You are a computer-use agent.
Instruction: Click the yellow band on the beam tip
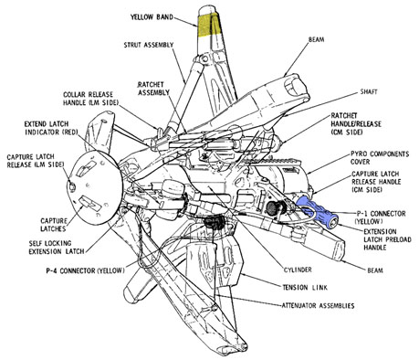point(209,25)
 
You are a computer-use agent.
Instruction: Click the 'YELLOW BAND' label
point(152,17)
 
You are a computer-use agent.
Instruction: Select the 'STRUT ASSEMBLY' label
point(149,45)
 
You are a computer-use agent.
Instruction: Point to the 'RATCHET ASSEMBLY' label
point(153,89)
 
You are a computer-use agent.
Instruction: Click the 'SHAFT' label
point(369,91)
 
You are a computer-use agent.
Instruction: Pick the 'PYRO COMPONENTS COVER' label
point(380,158)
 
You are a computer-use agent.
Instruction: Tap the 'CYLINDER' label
point(298,270)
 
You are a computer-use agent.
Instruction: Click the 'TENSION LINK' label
point(305,287)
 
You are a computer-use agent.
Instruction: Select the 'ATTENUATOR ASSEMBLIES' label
point(318,305)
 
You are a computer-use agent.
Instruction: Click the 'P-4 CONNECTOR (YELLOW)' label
point(85,270)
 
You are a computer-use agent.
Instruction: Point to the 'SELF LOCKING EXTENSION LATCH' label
point(57,248)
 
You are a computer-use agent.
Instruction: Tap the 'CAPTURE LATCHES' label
point(54,225)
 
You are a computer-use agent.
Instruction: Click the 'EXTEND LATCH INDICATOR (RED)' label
point(51,128)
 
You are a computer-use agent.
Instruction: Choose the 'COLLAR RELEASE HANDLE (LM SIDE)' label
point(90,99)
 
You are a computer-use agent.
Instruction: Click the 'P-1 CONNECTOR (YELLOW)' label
point(380,217)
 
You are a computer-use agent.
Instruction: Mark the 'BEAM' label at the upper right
point(316,39)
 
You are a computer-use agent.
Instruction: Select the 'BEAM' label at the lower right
point(375,270)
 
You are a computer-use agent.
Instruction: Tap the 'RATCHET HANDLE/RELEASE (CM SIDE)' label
point(356,124)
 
